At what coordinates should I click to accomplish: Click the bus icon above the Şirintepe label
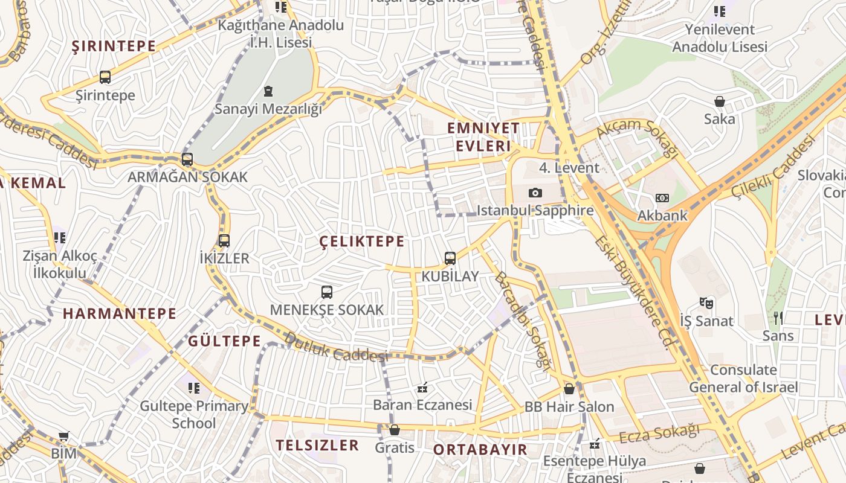point(105,77)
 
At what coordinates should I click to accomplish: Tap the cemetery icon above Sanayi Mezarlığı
point(268,91)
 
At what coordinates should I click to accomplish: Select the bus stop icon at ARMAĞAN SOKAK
point(187,159)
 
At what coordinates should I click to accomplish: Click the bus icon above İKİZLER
point(224,241)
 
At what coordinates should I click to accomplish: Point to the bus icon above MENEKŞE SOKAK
point(327,292)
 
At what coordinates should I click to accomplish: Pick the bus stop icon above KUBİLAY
point(450,258)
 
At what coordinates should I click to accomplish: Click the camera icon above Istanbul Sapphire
point(535,193)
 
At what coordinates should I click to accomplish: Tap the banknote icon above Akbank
point(662,198)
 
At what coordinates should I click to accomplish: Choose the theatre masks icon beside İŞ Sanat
point(706,302)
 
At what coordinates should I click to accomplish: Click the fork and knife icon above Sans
point(778,318)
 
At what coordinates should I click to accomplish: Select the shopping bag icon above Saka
point(720,101)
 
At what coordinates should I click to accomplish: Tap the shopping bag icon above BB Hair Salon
point(569,389)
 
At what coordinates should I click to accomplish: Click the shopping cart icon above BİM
point(64,436)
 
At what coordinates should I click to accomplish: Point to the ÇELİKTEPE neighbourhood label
point(362,241)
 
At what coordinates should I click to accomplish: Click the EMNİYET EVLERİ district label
point(483,137)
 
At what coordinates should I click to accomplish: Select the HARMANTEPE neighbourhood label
point(120,313)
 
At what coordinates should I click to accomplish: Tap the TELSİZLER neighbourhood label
point(317,446)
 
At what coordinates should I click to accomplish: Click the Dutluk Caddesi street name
point(336,348)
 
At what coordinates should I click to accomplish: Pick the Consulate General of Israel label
point(743,379)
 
